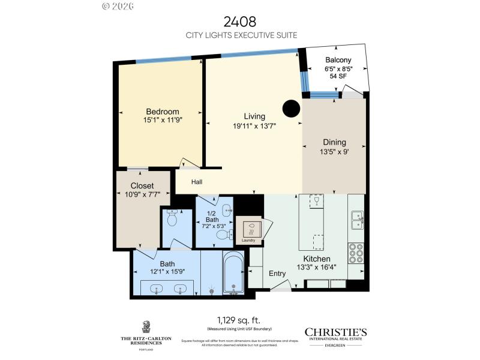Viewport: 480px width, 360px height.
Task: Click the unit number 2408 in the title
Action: [x=240, y=22]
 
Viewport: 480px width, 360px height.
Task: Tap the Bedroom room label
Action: [x=163, y=112]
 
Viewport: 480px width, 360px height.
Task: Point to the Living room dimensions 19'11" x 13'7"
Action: [x=254, y=126]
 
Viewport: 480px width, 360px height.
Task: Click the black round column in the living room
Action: [x=291, y=108]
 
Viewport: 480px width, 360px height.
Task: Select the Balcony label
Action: [x=338, y=60]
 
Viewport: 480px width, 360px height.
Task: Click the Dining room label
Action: [x=334, y=142]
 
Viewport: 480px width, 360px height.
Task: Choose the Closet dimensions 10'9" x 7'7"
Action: [x=142, y=194]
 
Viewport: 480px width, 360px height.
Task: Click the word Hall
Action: [x=197, y=181]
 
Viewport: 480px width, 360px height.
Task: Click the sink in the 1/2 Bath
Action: [x=227, y=209]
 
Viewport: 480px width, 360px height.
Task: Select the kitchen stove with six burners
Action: [x=356, y=253]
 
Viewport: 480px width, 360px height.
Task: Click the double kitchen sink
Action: [x=356, y=220]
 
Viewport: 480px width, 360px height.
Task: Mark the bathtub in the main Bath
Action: [x=233, y=275]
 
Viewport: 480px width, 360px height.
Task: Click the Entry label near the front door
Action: [x=277, y=274]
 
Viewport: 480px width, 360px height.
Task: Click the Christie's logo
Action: [x=335, y=332]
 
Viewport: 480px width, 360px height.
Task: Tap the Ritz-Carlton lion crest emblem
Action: [x=145, y=327]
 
